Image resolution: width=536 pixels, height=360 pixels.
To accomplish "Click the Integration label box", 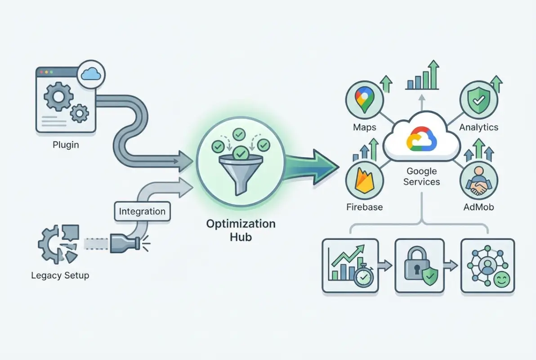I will click(142, 211).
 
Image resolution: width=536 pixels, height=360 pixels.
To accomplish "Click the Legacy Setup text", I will click(60, 275).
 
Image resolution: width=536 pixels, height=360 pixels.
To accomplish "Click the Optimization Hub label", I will click(241, 230).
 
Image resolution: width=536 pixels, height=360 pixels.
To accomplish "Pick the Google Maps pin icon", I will click(364, 100).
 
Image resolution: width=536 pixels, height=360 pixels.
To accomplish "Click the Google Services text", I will click(422, 176).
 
